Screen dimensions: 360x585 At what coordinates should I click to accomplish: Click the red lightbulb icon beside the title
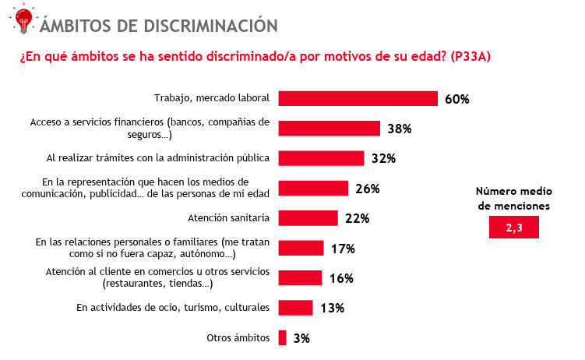tap(23, 19)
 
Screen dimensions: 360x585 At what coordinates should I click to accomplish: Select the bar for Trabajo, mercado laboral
tap(358, 98)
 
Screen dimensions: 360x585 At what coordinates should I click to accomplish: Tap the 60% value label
tap(456, 99)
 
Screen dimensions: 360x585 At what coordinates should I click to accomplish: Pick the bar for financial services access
tap(329, 129)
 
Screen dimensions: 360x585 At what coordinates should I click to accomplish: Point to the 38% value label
tap(400, 129)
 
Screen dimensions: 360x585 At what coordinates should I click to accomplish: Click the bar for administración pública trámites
tap(321, 158)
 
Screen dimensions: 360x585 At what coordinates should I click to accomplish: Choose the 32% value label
tap(384, 158)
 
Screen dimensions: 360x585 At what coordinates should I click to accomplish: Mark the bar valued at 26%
tap(313, 188)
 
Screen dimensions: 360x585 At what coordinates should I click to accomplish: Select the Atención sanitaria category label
tap(229, 217)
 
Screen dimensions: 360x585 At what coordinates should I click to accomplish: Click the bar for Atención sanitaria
tap(308, 217)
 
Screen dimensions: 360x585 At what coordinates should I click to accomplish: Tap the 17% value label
tap(343, 249)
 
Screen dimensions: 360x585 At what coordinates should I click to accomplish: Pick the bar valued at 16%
tap(300, 278)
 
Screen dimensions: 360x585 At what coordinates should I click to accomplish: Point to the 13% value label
tap(332, 308)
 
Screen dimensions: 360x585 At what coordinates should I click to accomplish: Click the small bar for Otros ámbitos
tap(283, 337)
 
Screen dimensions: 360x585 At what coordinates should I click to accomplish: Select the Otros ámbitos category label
tap(238, 337)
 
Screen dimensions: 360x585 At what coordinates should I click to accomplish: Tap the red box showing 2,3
tap(513, 227)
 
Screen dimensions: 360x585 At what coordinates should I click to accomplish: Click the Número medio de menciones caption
tap(513, 199)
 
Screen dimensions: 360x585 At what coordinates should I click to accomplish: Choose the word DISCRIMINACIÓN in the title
tap(210, 25)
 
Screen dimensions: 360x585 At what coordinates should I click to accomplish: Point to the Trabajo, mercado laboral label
tap(211, 98)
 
